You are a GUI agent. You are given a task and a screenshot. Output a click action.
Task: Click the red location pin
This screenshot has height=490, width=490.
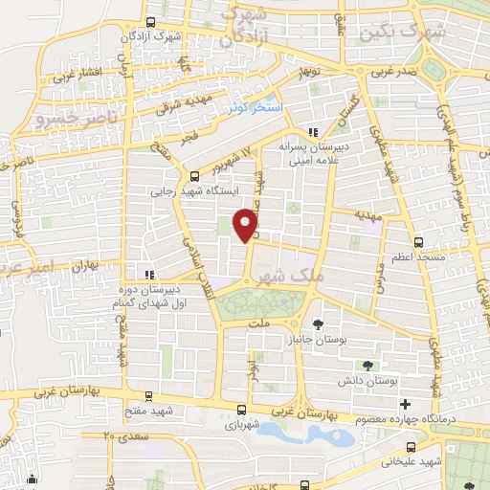coord(247,223)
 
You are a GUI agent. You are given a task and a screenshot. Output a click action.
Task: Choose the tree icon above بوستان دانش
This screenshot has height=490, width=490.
coord(368,366)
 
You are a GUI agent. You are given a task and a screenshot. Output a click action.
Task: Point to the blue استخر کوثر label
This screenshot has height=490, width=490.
coord(255,106)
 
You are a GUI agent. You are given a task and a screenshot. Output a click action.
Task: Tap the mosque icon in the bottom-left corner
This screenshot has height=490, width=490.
coord(33,479)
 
